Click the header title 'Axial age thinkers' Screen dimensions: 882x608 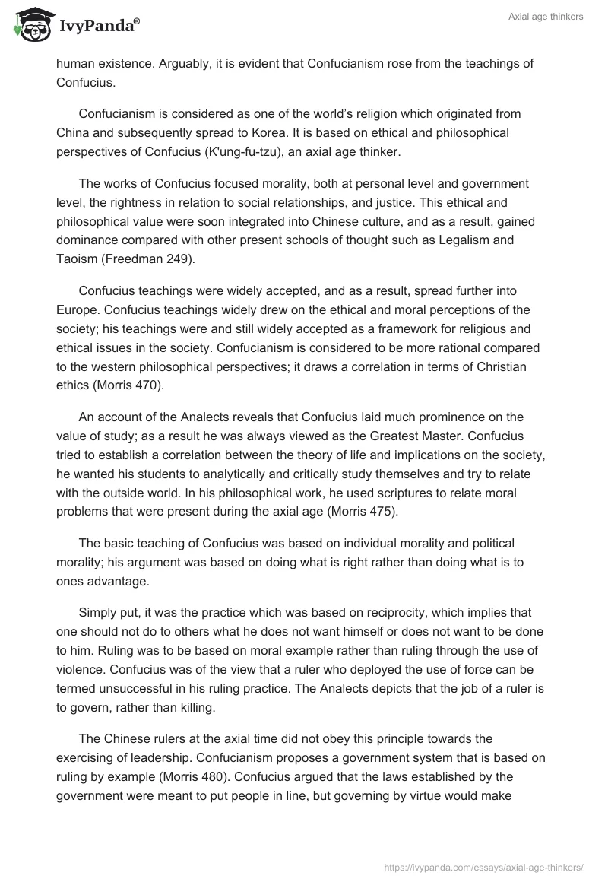click(x=546, y=17)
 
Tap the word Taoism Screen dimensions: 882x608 click(x=77, y=259)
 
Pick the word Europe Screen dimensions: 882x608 click(x=77, y=310)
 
